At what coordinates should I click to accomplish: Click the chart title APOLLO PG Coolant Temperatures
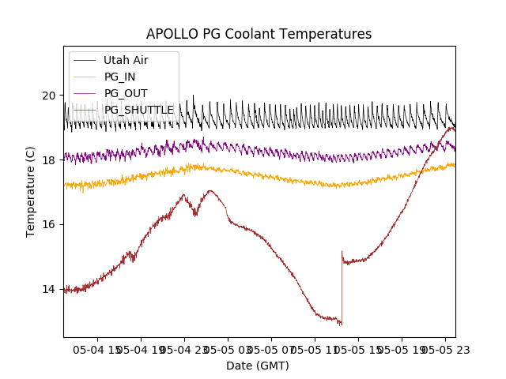point(259,34)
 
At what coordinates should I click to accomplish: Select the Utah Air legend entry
point(125,60)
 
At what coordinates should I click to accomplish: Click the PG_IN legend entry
point(119,77)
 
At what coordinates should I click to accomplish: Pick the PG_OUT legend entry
point(125,93)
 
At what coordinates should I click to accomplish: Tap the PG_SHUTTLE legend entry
point(138,110)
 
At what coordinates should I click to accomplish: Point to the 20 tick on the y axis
point(49,96)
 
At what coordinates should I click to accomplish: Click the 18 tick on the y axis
point(49,160)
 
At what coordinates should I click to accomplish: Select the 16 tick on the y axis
point(49,225)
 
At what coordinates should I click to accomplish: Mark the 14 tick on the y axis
point(49,289)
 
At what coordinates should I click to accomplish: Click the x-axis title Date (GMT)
point(258,366)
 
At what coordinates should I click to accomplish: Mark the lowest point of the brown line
point(341,325)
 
